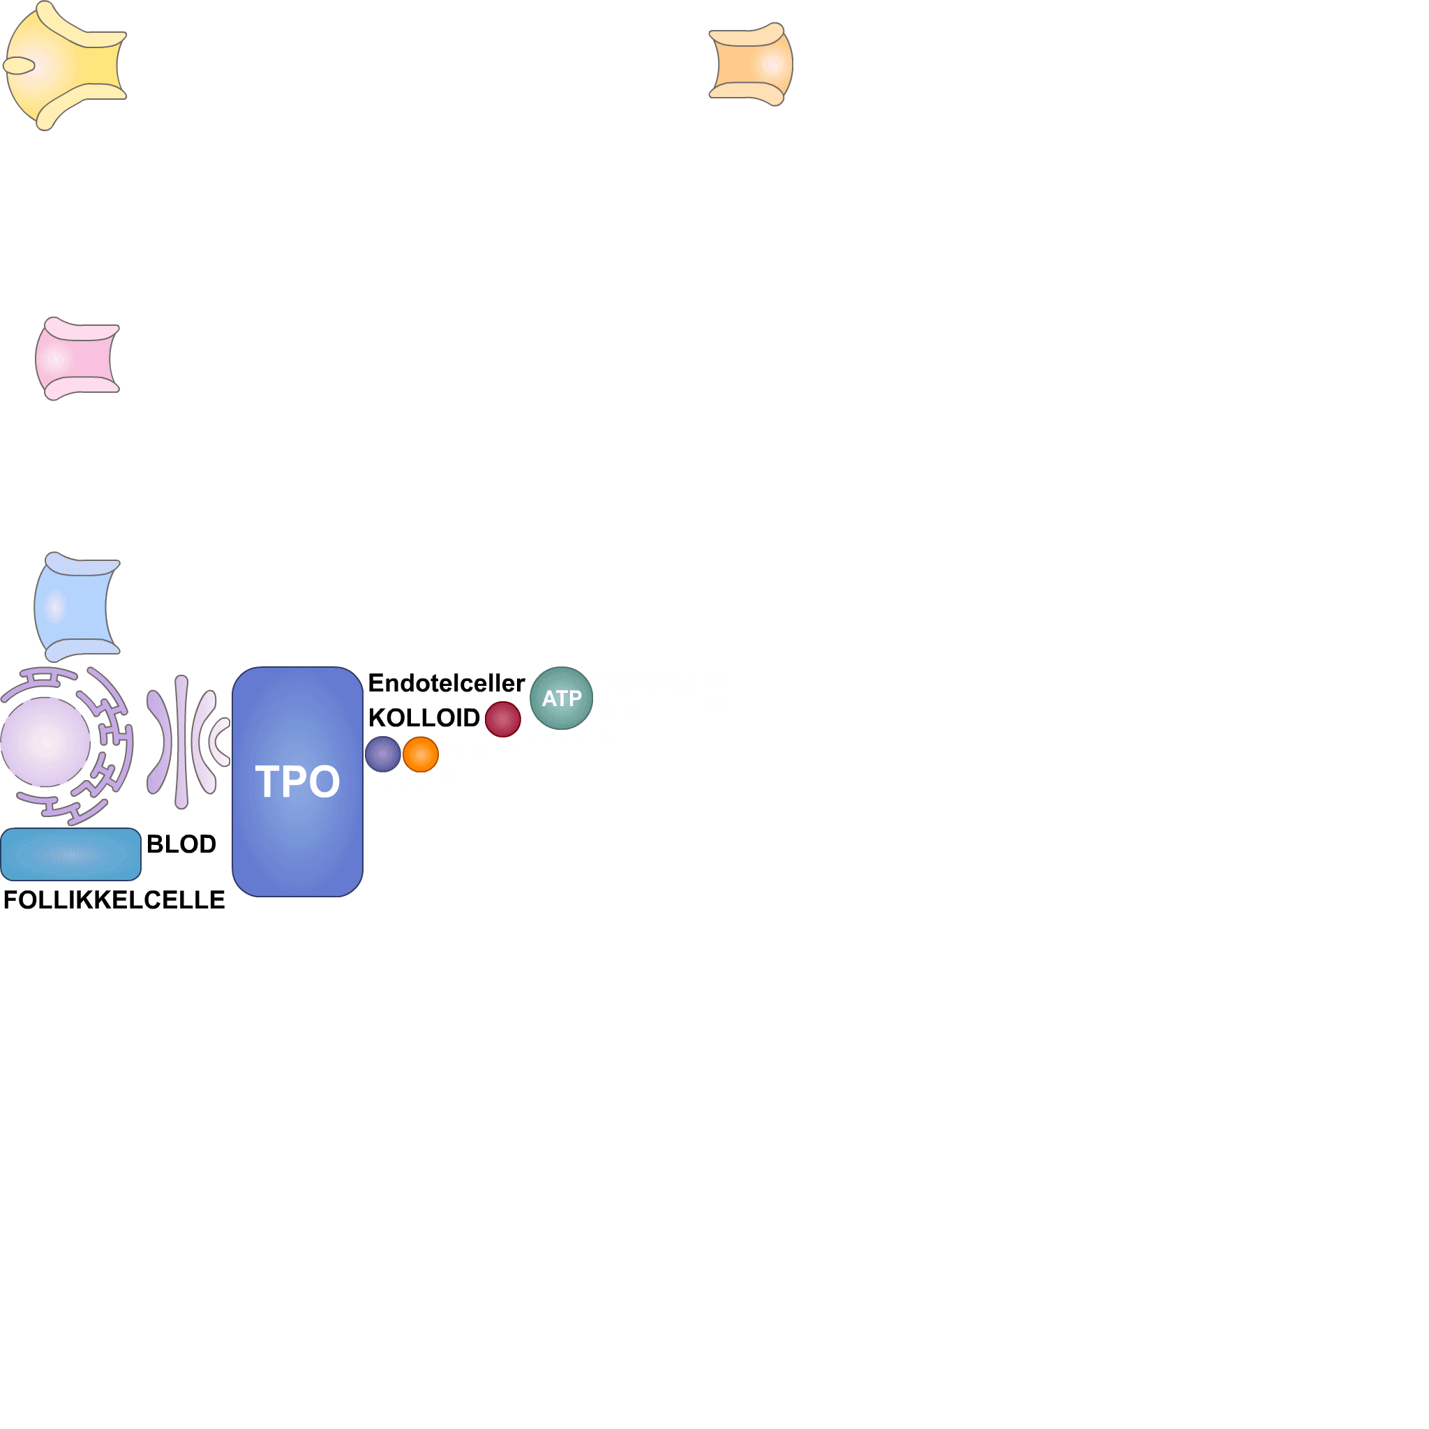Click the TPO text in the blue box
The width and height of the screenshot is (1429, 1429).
coord(297,781)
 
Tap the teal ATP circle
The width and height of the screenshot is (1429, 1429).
coord(562,698)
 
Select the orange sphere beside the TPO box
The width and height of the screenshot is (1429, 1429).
coord(421,754)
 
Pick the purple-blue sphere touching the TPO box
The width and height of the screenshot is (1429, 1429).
coord(383,754)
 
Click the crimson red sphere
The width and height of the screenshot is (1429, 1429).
coord(503,719)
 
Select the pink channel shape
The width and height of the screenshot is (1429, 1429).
coord(77,359)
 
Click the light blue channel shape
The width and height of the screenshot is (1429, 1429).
coord(75,606)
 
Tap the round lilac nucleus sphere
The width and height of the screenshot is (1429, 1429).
coord(46,741)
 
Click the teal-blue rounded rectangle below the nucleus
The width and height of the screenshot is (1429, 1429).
coord(71,854)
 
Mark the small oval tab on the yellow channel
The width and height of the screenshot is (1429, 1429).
coord(20,66)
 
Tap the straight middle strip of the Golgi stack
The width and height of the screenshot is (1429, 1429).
coord(181,741)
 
